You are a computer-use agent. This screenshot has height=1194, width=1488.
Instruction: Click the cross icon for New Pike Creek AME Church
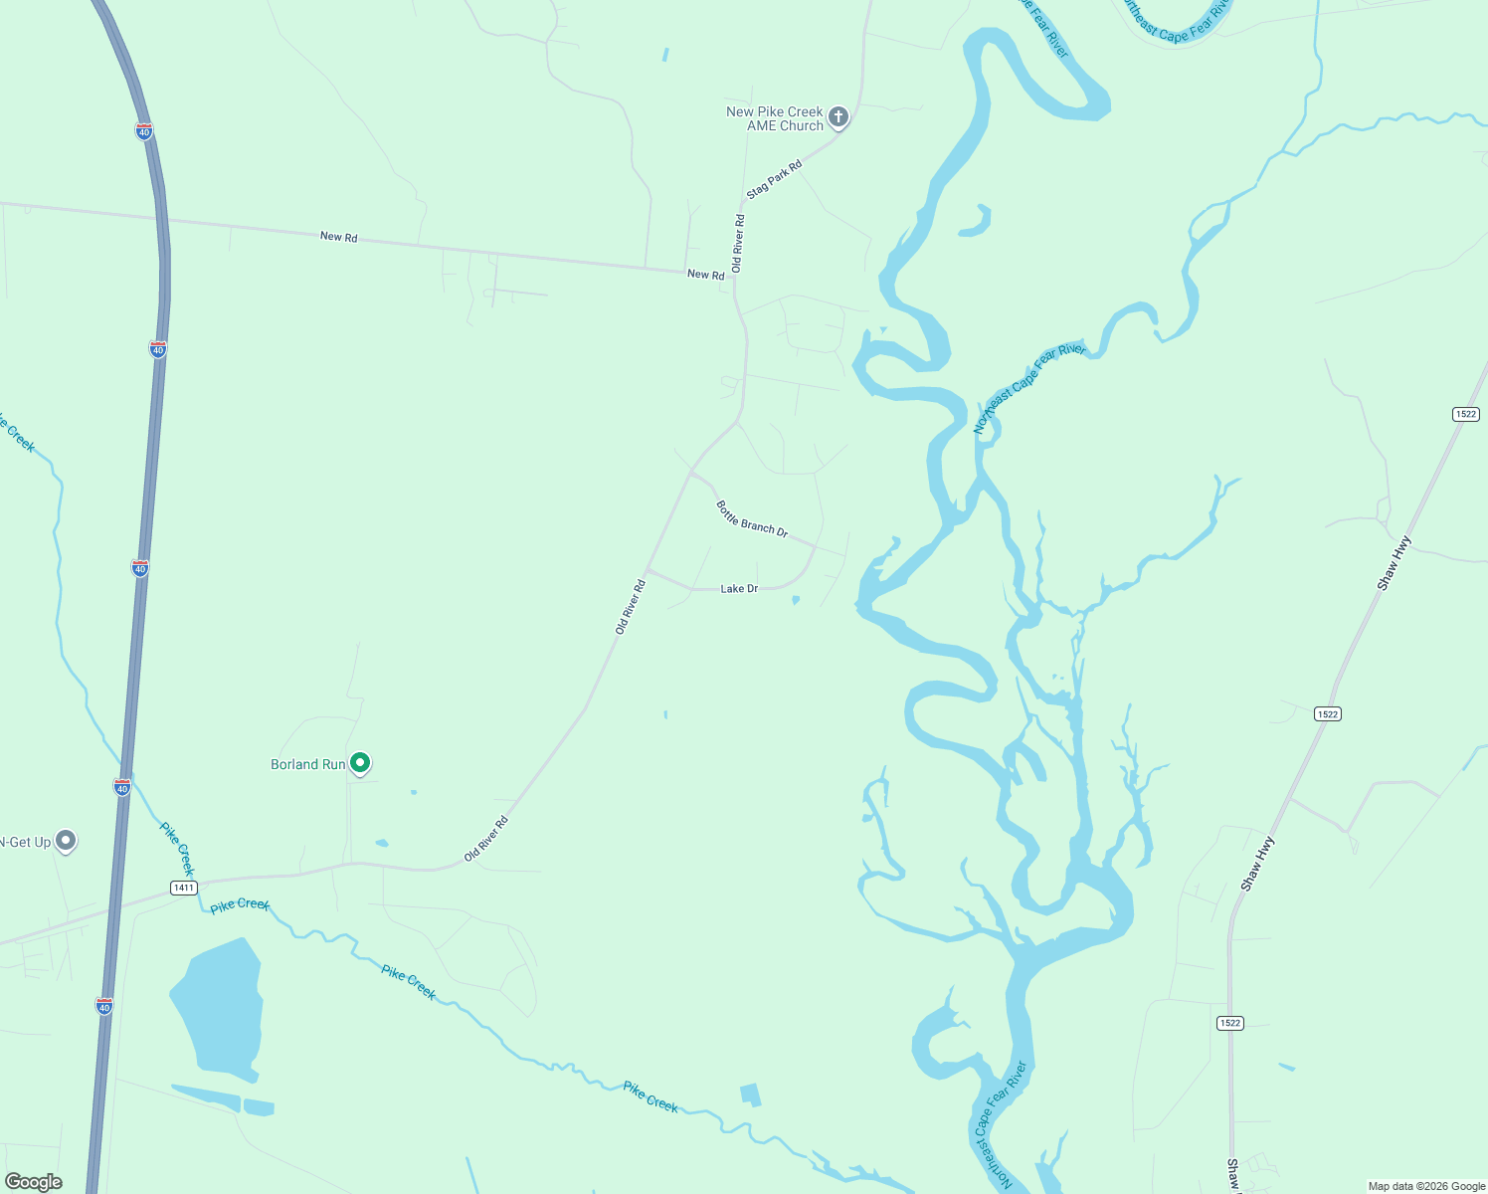tap(838, 118)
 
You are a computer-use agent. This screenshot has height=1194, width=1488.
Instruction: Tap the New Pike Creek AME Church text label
tap(775, 118)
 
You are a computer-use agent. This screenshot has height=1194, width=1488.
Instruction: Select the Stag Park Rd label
tap(774, 178)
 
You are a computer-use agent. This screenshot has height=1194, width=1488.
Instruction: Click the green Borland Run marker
tap(360, 763)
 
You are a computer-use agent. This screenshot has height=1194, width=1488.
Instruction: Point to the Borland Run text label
tap(307, 764)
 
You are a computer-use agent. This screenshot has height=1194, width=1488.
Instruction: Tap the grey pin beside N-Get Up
tap(66, 841)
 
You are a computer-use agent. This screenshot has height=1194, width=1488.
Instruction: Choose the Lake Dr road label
tap(739, 589)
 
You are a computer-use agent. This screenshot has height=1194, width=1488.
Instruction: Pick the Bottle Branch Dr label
tap(752, 519)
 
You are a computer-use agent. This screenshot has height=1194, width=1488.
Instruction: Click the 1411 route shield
tap(183, 888)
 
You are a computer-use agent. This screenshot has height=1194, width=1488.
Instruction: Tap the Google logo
tap(33, 1182)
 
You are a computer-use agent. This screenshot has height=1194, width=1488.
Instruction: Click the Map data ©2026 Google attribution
tap(1426, 1186)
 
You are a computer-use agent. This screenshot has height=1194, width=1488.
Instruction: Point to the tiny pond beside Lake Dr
tap(795, 600)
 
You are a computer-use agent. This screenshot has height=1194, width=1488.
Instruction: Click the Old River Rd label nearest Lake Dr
tap(631, 607)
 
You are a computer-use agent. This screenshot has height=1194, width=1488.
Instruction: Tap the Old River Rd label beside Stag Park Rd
tap(737, 243)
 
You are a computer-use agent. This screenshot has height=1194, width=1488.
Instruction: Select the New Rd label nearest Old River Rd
tap(705, 275)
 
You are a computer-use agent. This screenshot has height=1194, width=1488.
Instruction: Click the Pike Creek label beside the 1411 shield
tap(240, 904)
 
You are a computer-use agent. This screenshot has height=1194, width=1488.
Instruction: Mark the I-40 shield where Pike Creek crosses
tap(122, 787)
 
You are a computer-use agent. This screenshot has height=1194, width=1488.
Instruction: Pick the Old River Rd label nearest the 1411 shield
tap(486, 839)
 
